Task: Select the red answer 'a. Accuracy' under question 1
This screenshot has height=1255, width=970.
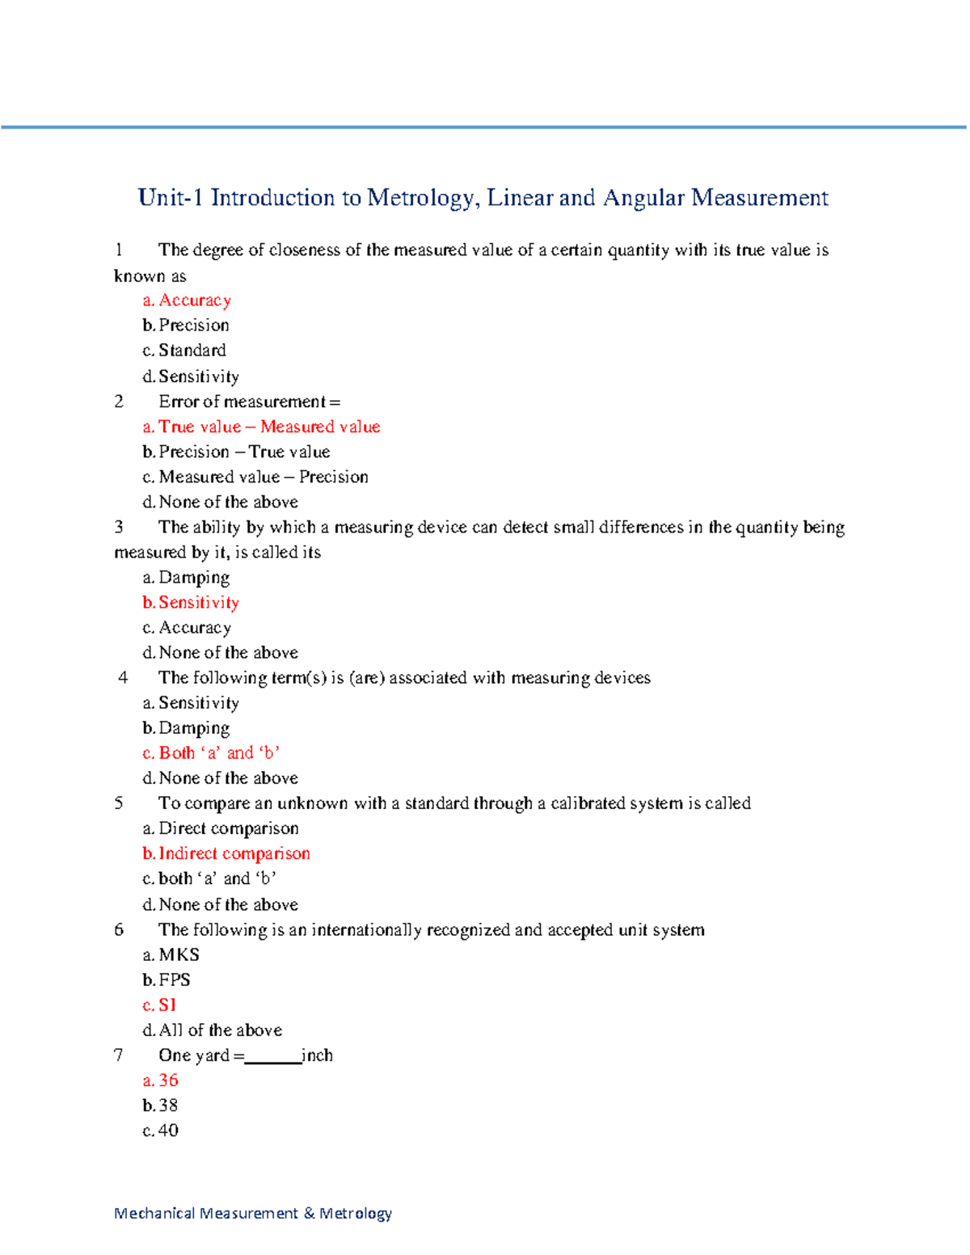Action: [x=187, y=301]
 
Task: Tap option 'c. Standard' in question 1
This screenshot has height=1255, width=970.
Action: [x=184, y=351]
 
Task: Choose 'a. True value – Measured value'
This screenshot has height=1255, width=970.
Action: [x=261, y=427]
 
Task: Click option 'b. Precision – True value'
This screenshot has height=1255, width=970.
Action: [x=236, y=452]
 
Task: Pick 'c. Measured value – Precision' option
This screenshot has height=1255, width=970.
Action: [x=255, y=477]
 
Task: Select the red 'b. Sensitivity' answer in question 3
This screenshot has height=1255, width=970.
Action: [x=191, y=603]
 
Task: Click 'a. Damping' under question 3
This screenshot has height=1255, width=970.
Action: [x=186, y=578]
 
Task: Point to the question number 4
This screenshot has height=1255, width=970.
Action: [x=123, y=678]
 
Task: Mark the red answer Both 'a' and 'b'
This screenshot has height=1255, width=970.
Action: [x=211, y=753]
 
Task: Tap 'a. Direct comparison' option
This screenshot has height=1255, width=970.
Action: [x=221, y=828]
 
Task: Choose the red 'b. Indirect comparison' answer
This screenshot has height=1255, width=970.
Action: [x=226, y=853]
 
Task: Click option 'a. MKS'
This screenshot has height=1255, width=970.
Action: [x=171, y=955]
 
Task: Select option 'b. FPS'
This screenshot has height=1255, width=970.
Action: [x=167, y=980]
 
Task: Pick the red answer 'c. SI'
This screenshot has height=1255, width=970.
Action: [x=159, y=1005]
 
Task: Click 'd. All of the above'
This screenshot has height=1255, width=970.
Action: [x=212, y=1030]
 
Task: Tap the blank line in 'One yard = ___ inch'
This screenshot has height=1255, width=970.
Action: [x=272, y=1059]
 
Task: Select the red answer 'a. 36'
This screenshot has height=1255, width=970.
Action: [x=161, y=1080]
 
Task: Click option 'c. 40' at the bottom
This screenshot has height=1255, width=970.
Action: [x=161, y=1131]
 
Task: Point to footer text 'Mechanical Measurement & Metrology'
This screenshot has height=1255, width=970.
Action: [x=253, y=1213]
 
